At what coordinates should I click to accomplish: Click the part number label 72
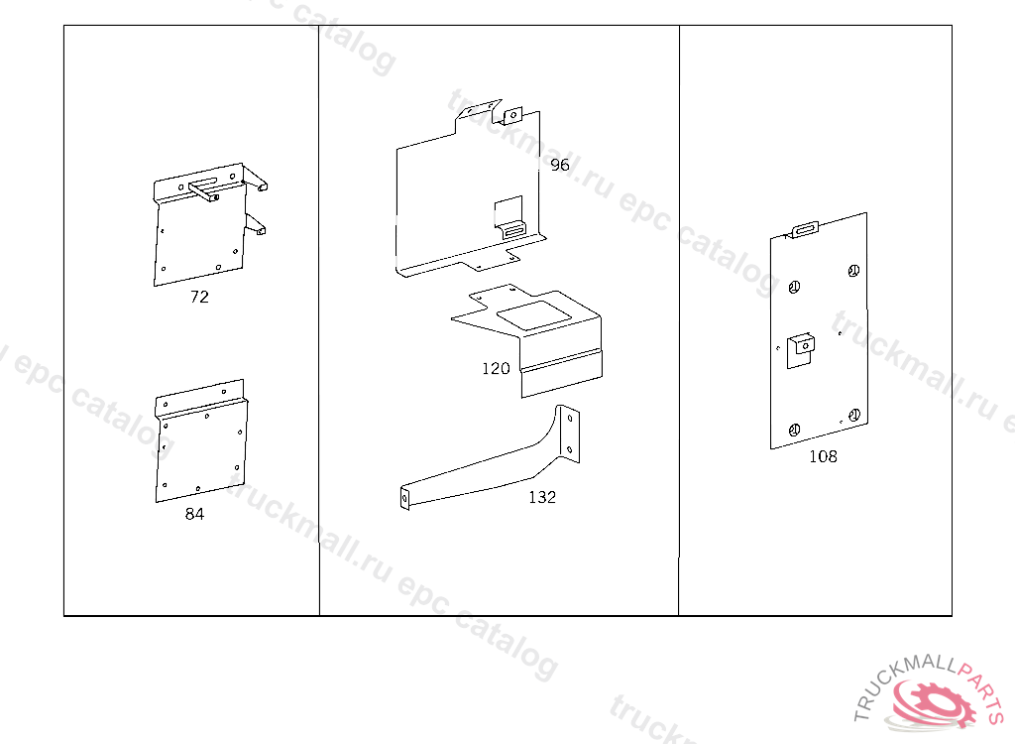click(x=199, y=297)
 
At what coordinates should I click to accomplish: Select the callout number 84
click(x=194, y=514)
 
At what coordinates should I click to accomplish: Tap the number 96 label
click(x=560, y=166)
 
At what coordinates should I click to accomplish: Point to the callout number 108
click(x=823, y=457)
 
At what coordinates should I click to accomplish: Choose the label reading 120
click(x=496, y=369)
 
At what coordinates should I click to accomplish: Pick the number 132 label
click(x=542, y=497)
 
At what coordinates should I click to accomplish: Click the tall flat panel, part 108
click(x=819, y=330)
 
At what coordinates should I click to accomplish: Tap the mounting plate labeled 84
click(x=201, y=440)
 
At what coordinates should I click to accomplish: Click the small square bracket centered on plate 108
click(x=800, y=350)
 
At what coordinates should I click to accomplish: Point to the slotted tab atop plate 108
click(x=805, y=229)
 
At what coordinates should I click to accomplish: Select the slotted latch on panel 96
click(x=514, y=230)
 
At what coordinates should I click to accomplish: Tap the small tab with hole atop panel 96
click(x=513, y=115)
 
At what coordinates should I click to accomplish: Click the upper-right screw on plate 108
click(x=853, y=271)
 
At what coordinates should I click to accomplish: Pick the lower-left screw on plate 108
click(x=794, y=430)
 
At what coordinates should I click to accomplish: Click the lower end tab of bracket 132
click(x=405, y=498)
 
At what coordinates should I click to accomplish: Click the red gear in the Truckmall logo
click(x=936, y=703)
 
